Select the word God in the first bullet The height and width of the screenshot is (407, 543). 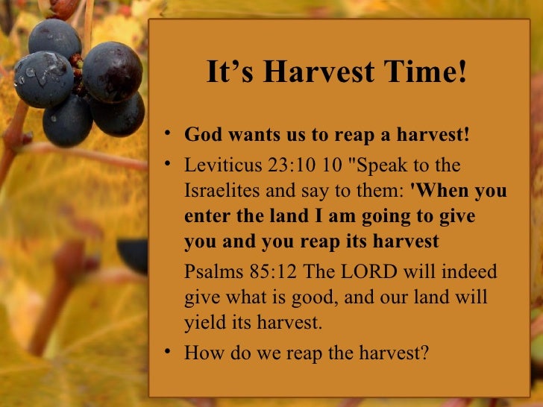200,136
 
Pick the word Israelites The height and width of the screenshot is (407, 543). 222,191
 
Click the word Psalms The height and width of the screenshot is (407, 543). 209,271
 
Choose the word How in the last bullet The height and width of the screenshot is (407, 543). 201,352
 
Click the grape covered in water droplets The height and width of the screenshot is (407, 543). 42,79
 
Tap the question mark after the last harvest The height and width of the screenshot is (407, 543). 425,352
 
